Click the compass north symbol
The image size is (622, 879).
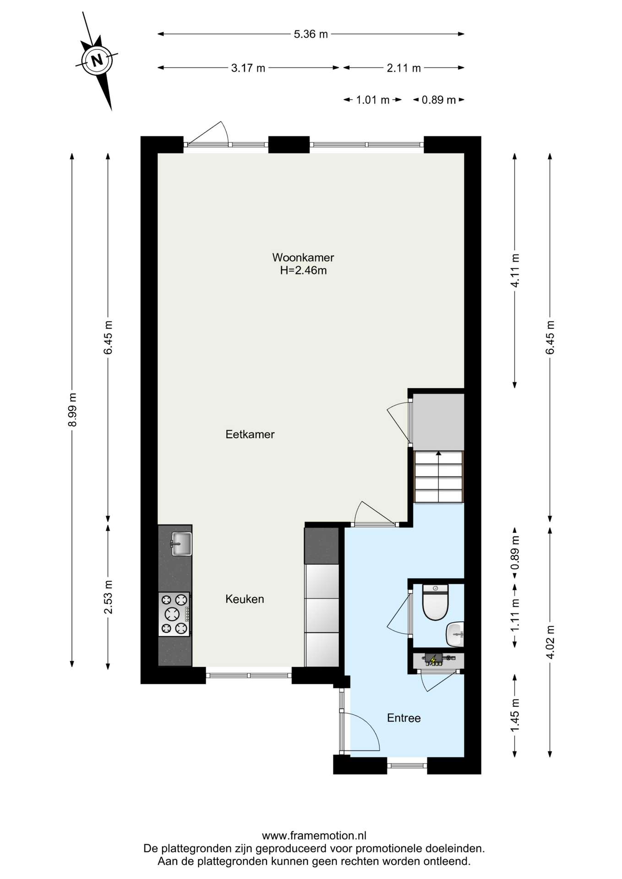click(97, 60)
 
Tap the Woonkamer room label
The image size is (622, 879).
click(303, 257)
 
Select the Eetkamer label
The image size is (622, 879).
click(250, 434)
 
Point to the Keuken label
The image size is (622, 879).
click(245, 599)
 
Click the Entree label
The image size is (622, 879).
click(404, 718)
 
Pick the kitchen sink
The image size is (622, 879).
click(181, 543)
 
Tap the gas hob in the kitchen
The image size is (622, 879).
click(174, 614)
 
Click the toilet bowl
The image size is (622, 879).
click(435, 602)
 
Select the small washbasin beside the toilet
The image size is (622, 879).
click(455, 634)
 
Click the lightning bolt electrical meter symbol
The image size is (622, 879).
click(433, 660)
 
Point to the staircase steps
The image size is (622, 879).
click(439, 477)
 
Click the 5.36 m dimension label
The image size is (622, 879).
click(311, 34)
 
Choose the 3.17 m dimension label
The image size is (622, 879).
click(248, 68)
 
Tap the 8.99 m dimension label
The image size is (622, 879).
click(72, 410)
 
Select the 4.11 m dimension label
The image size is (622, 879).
click(515, 271)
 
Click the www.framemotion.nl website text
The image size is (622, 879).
click(314, 836)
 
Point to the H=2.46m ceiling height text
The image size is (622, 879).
click(303, 270)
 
